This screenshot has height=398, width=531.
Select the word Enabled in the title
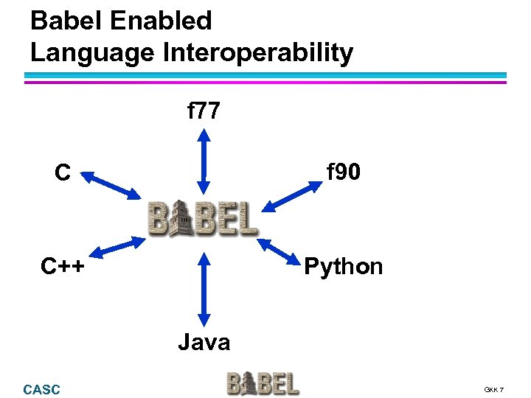coord(161,21)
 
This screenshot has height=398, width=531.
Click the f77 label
coord(204,112)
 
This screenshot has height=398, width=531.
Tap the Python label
coord(344,266)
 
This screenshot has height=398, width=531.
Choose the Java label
coord(204,341)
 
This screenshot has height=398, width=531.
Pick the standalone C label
coord(63,173)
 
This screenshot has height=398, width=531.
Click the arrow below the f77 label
coord(204,160)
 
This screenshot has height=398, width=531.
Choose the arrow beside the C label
coord(110,185)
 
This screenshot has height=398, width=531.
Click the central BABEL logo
coord(203,218)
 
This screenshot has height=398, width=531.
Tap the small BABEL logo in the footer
coord(263,383)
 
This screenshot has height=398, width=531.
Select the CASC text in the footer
coord(42,389)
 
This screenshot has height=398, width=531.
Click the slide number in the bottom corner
coord(493,389)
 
